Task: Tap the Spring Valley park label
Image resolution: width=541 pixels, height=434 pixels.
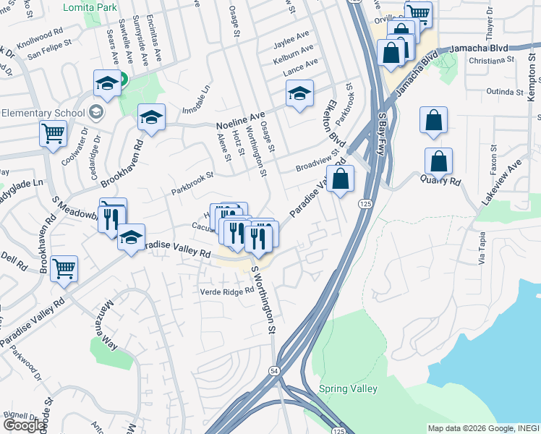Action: (349, 388)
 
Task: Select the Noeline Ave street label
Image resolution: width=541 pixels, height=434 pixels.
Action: (247, 117)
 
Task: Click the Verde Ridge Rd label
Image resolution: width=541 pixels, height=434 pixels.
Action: (228, 291)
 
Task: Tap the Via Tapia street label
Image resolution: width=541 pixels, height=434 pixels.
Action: (481, 248)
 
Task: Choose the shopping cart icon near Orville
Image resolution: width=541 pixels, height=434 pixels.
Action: (417, 14)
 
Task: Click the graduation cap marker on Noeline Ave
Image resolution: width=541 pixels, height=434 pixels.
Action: (151, 117)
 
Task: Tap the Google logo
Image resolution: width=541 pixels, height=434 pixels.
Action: (24, 425)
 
